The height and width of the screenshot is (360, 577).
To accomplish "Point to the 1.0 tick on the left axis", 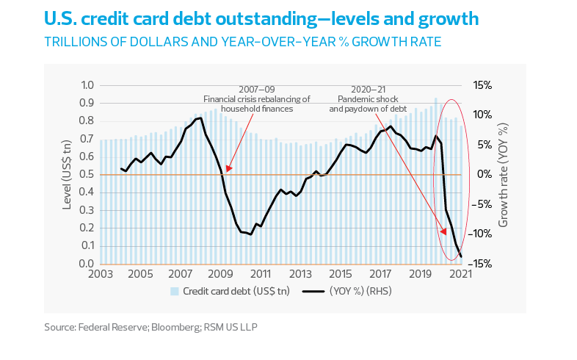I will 87,85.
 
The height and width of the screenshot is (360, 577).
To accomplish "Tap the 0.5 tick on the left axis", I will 87,175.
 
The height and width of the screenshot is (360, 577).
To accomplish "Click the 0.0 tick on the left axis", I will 87,264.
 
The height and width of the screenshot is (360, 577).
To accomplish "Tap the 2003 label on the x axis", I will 101,275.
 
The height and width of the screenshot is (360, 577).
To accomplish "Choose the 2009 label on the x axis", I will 220,275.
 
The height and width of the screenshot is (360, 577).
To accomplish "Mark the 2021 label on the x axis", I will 460,275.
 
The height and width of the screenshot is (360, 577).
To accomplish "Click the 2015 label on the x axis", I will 341,275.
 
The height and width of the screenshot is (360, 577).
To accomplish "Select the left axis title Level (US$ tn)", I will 67,175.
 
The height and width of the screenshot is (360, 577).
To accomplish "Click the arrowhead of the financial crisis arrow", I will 227,169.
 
